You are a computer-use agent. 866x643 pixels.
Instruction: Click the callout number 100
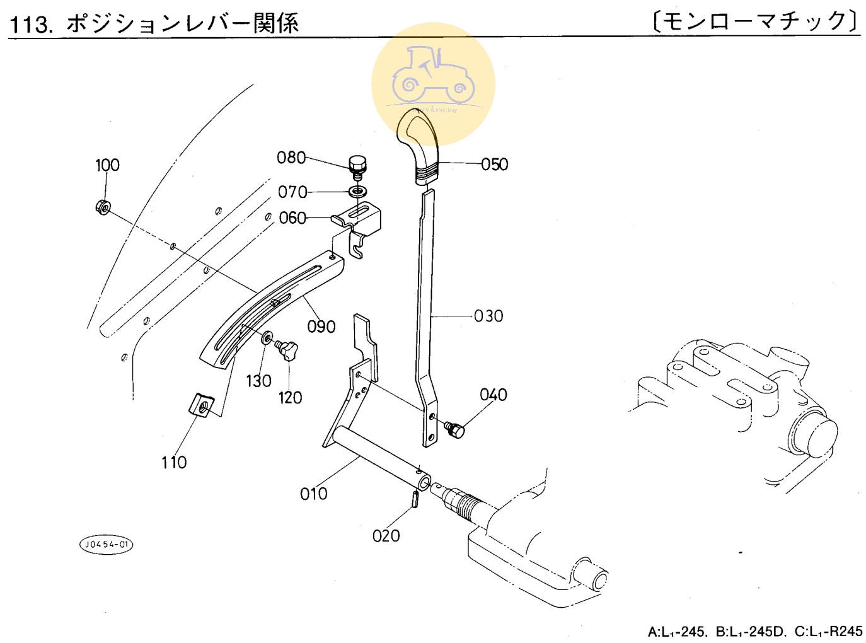[x=107, y=165]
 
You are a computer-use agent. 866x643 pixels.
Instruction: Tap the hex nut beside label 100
[x=103, y=206]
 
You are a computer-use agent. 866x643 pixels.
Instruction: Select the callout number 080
[x=291, y=158]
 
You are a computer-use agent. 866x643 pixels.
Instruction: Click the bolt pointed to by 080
[x=357, y=165]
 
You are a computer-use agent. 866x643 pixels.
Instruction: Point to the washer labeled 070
[x=359, y=190]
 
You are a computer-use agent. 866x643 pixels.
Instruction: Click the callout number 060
[x=292, y=218]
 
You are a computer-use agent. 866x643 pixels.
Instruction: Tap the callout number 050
[x=494, y=165]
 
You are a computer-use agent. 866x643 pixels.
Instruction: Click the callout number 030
[x=488, y=316]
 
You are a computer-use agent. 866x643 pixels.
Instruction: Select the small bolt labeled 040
[x=454, y=429]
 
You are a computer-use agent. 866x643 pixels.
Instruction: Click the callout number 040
[x=493, y=395]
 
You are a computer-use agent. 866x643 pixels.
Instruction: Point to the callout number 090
[x=321, y=327]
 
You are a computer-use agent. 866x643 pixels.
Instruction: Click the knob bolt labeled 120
[x=287, y=349]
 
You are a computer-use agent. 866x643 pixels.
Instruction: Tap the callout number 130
[x=258, y=381]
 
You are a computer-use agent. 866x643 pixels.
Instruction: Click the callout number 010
[x=313, y=494]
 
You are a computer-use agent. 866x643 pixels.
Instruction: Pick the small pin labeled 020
[x=415, y=498]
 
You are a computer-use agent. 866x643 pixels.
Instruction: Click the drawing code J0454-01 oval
[x=107, y=545]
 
